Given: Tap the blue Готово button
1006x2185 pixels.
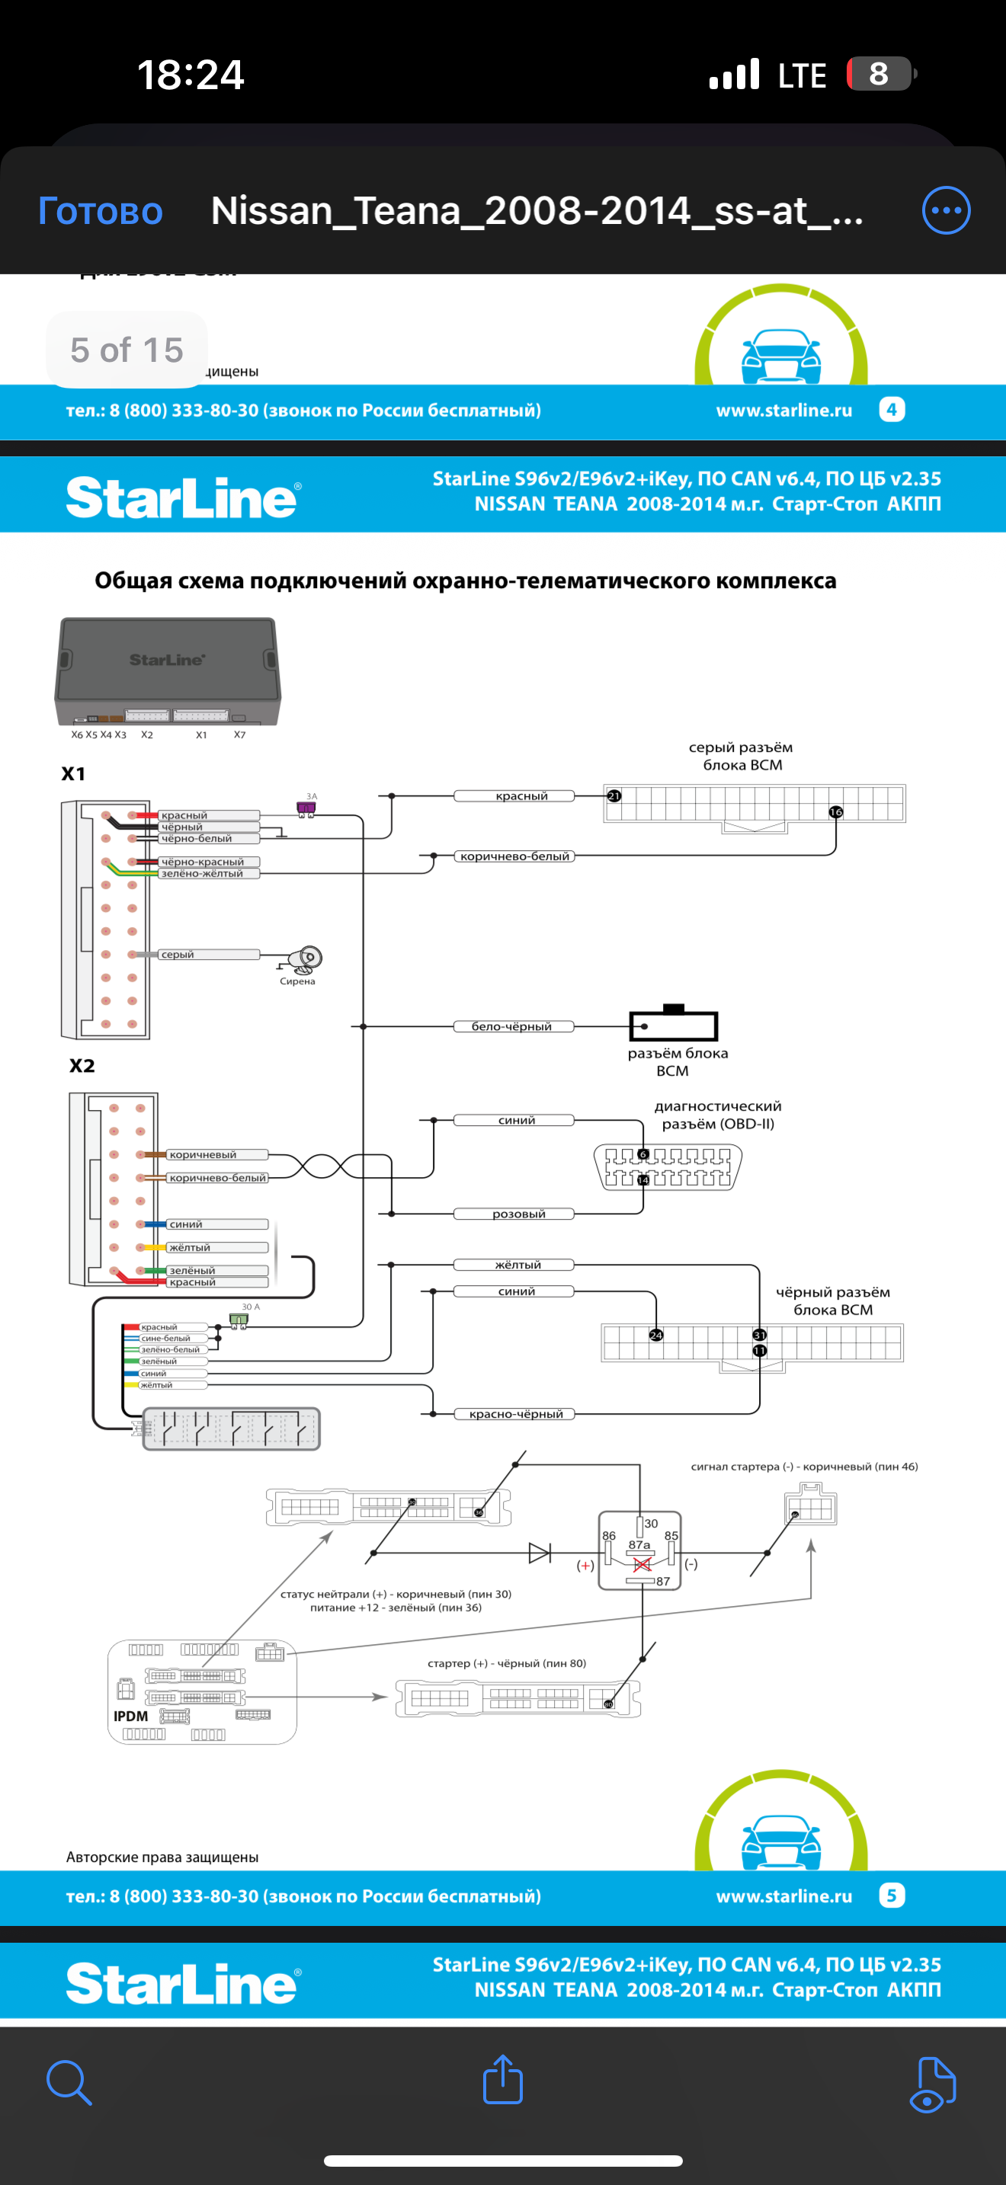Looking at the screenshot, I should [100, 211].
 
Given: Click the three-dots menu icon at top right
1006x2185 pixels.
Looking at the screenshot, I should [946, 210].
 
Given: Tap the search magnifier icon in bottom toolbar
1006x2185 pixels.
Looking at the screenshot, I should [69, 2082].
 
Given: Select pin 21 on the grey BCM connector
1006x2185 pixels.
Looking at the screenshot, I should [614, 795].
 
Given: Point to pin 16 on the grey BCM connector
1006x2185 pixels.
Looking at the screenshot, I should [835, 811].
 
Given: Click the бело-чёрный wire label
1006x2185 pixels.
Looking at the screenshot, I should [513, 1026].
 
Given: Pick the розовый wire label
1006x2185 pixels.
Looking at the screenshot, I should [518, 1214].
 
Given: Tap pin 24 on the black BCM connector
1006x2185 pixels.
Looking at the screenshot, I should [655, 1335].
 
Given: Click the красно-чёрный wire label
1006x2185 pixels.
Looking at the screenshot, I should [516, 1414].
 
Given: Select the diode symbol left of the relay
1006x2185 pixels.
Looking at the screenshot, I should [540, 1553].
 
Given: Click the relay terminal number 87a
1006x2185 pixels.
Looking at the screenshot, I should [639, 1544].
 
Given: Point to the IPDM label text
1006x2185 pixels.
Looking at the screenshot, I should [130, 1716].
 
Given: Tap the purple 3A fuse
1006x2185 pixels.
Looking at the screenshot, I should [306, 808].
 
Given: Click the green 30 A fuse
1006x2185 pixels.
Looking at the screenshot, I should [239, 1320].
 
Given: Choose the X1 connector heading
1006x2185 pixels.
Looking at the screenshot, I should [73, 773].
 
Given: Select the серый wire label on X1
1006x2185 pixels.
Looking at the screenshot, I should [178, 955].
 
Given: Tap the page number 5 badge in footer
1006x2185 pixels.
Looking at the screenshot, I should [892, 1895].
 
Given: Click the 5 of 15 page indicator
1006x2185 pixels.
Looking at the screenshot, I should [127, 350].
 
